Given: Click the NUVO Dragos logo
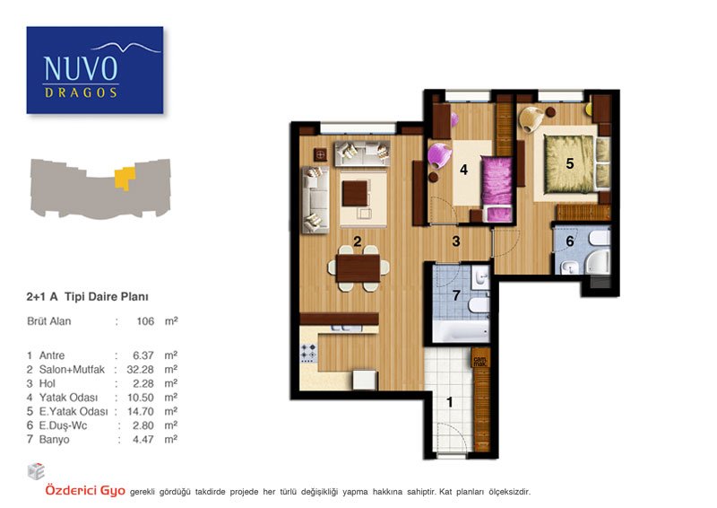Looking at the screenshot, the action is [x=95, y=70].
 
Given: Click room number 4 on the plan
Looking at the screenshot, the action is [x=463, y=170].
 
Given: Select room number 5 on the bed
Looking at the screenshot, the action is [x=570, y=163].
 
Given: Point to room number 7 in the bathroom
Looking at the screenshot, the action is [x=456, y=295].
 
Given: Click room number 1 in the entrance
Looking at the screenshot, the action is [x=450, y=402].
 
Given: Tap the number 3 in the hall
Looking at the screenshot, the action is [x=456, y=241].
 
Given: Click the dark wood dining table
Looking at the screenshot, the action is [x=358, y=268].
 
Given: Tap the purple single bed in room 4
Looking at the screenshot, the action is [x=497, y=188].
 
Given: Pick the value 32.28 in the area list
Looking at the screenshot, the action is [x=140, y=370].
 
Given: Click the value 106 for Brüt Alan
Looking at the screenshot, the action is [x=145, y=321].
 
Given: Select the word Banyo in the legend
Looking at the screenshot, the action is [x=55, y=440].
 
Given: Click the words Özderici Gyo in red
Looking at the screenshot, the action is [x=85, y=491].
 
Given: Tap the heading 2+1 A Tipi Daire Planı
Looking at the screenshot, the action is [x=87, y=297].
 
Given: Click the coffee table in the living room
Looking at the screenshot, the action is [x=356, y=193].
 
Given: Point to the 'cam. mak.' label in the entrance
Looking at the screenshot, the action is [x=479, y=361].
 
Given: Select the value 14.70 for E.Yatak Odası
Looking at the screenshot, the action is [x=140, y=412].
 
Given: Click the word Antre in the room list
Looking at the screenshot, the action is [x=52, y=355].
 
